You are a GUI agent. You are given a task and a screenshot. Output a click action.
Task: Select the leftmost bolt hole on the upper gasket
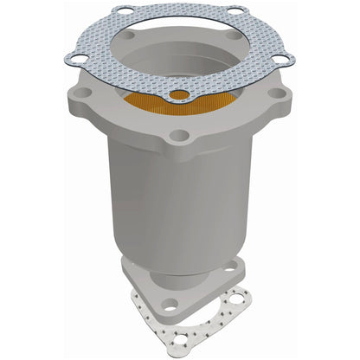point(74,60)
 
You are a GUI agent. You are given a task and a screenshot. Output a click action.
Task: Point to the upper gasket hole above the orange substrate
point(179,93)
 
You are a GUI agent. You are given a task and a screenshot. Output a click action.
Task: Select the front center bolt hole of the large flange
point(179,137)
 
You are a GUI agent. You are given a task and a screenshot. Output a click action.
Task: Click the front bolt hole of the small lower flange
point(170,304)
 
